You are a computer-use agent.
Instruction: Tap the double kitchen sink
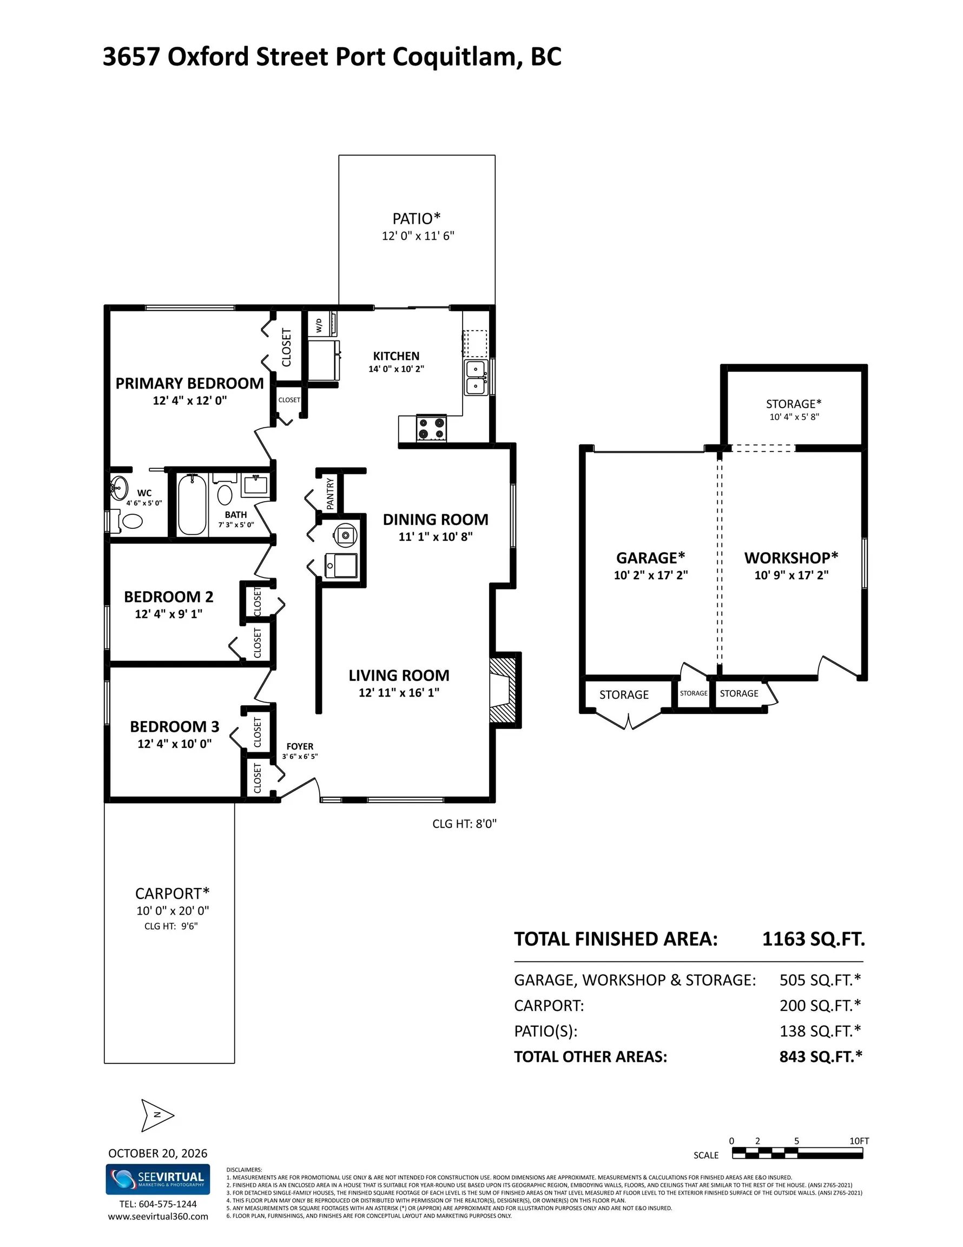coord(476,377)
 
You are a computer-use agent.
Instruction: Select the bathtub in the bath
coord(192,505)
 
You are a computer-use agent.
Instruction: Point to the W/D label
coord(319,325)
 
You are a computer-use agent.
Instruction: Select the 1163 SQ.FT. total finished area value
coord(814,938)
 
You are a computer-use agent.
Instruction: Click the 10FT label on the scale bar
coord(859,1141)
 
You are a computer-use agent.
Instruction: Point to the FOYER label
coord(300,746)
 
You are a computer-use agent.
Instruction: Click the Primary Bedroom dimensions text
coord(189,401)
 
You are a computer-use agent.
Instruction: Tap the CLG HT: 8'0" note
coord(465,823)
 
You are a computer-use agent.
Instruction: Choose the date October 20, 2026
coord(157,1153)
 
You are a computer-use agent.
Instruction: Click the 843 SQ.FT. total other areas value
coord(821,1056)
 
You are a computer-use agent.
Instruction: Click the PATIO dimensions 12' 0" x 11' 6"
coord(418,236)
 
